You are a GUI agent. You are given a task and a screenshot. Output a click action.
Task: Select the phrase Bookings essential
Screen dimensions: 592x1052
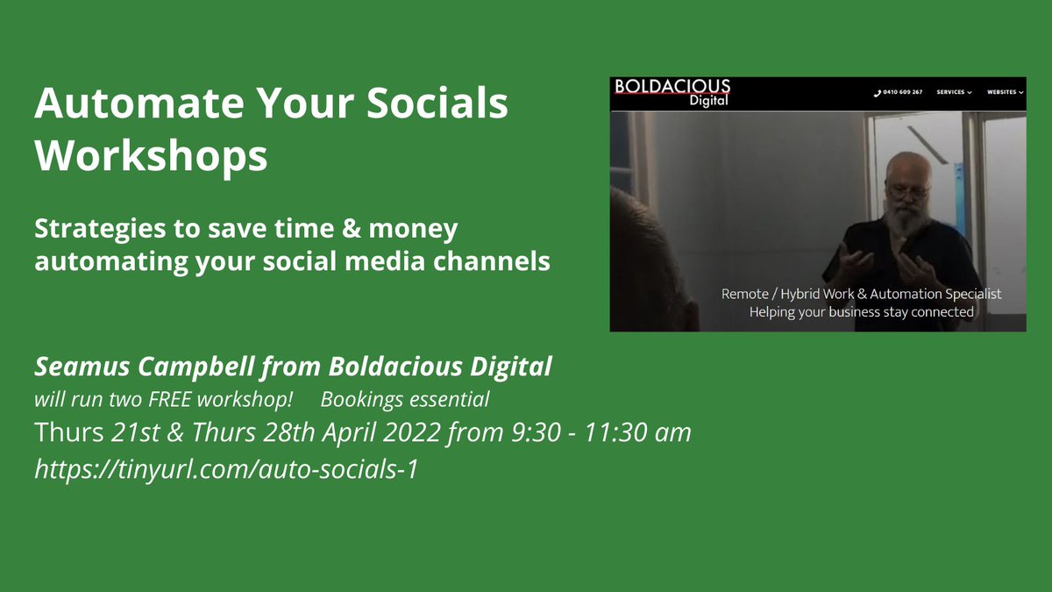point(404,400)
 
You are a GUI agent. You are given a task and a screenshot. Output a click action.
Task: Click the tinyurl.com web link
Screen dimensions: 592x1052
point(226,469)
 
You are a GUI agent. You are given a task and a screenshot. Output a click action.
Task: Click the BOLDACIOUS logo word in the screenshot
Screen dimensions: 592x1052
point(672,86)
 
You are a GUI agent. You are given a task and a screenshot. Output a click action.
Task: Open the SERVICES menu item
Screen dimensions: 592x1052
point(953,92)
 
